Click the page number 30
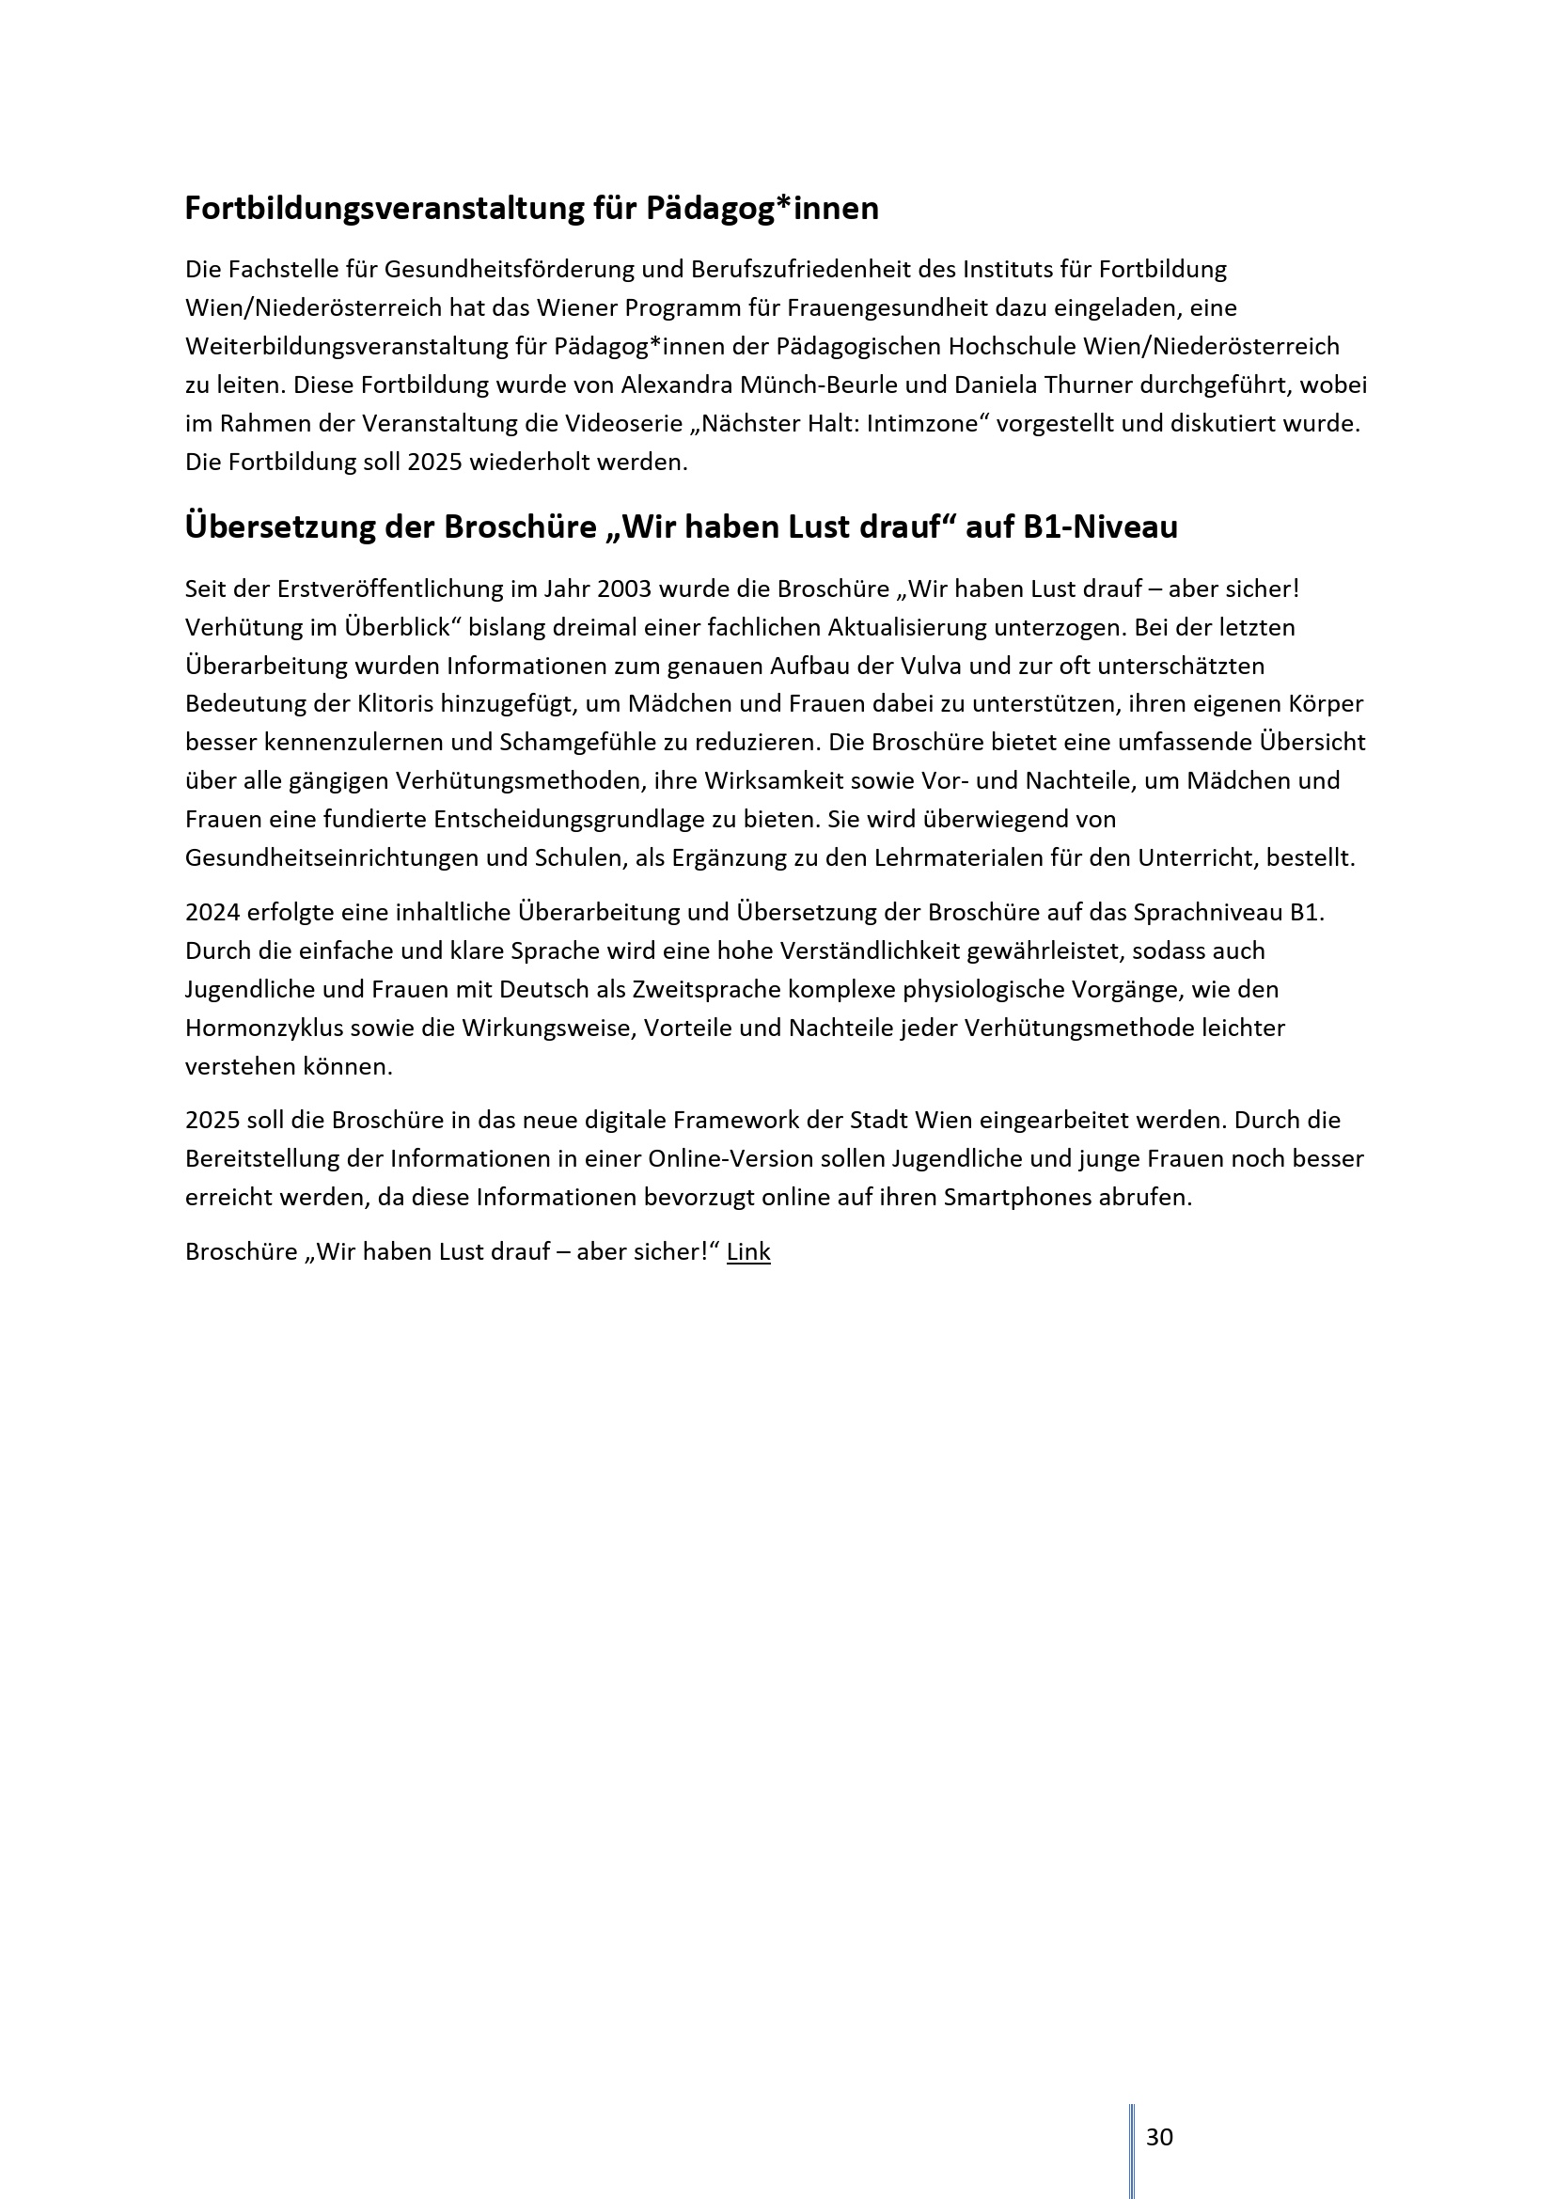(x=1158, y=2137)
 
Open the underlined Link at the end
(x=747, y=1251)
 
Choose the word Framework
(x=731, y=1120)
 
